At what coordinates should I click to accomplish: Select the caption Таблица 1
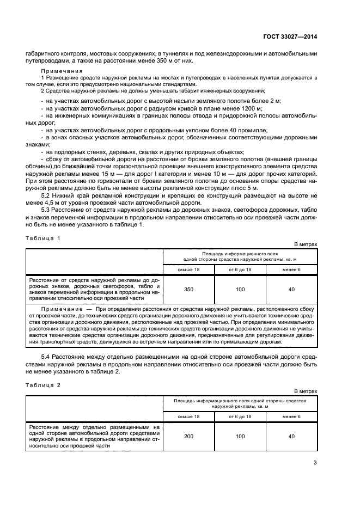point(44,238)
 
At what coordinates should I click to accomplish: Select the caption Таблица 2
point(44,384)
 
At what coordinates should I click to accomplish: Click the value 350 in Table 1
point(188,289)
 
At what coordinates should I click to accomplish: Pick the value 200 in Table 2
point(188,437)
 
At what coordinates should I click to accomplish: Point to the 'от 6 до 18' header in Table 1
point(240,269)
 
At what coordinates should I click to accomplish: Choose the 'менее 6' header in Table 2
point(291,416)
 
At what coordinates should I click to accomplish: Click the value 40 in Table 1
point(291,289)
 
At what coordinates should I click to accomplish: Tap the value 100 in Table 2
point(240,437)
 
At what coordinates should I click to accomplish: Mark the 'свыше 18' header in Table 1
point(188,269)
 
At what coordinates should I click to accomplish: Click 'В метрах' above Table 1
point(306,244)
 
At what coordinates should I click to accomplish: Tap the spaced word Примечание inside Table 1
point(56,308)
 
